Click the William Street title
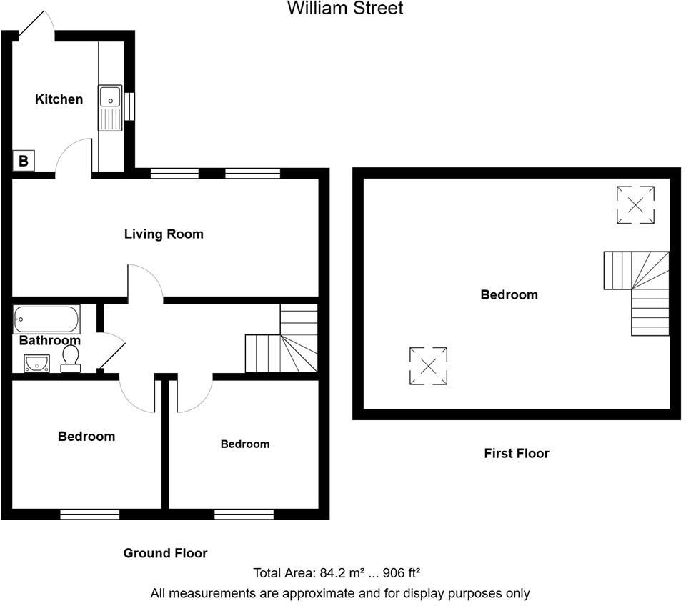pyautogui.click(x=345, y=9)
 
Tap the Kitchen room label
pyautogui.click(x=59, y=99)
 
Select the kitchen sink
pyautogui.click(x=111, y=108)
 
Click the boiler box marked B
pyautogui.click(x=24, y=162)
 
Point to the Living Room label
pyautogui.click(x=164, y=234)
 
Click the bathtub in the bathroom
pyautogui.click(x=46, y=319)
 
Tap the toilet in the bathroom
pyautogui.click(x=71, y=359)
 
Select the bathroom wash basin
pyautogui.click(x=36, y=364)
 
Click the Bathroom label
pyautogui.click(x=49, y=340)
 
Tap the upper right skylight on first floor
pyautogui.click(x=635, y=204)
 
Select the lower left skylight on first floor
pyautogui.click(x=428, y=366)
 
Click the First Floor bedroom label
pyautogui.click(x=509, y=294)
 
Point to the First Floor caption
pyautogui.click(x=516, y=453)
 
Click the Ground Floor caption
pyautogui.click(x=165, y=553)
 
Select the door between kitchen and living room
pyautogui.click(x=74, y=159)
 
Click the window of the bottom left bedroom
pyautogui.click(x=89, y=513)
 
